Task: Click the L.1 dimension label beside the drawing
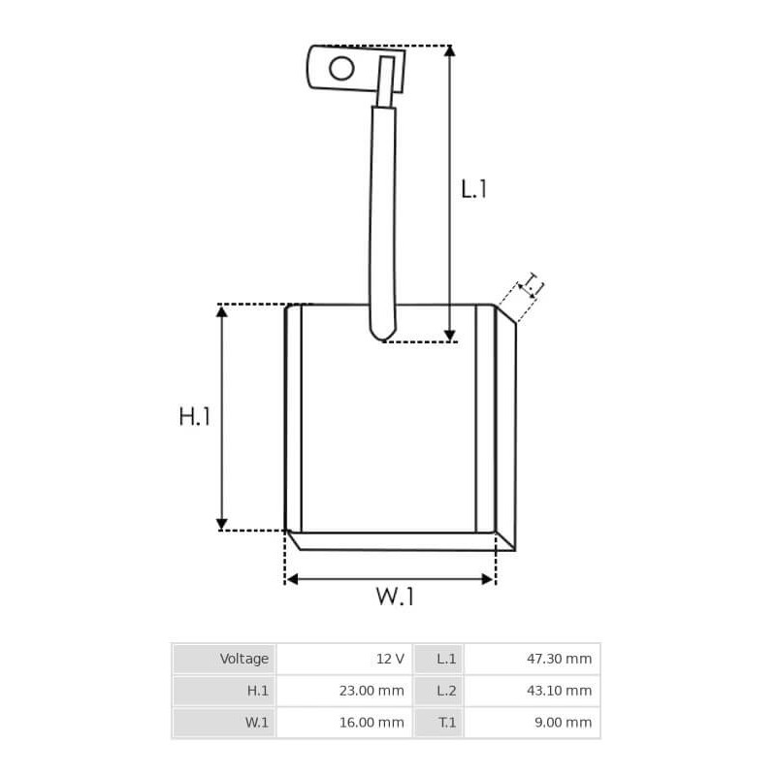click(x=473, y=189)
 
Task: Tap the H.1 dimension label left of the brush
click(x=195, y=416)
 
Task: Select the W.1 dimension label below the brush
click(x=395, y=596)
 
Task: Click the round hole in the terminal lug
click(x=341, y=68)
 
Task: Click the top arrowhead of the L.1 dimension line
click(x=449, y=50)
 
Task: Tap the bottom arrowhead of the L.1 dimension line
click(x=449, y=336)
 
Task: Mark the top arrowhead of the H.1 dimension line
click(x=222, y=311)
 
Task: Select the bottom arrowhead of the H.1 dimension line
click(x=222, y=524)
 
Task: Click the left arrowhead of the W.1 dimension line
click(x=292, y=579)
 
